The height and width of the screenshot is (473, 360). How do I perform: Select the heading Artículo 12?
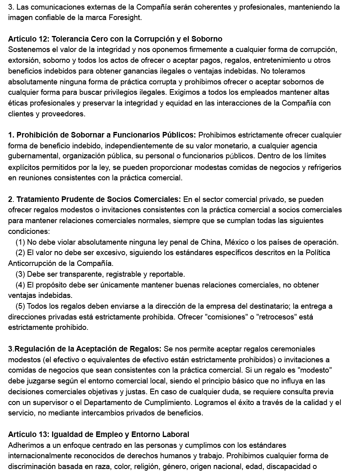(x=115, y=39)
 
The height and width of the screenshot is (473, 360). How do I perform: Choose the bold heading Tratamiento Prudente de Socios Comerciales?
(x=98, y=199)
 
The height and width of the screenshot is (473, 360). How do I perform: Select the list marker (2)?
(x=20, y=253)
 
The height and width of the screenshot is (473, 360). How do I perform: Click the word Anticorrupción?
(x=32, y=263)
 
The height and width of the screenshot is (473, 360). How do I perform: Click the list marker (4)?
(x=20, y=285)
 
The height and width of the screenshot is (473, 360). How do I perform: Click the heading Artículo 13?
(x=98, y=434)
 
